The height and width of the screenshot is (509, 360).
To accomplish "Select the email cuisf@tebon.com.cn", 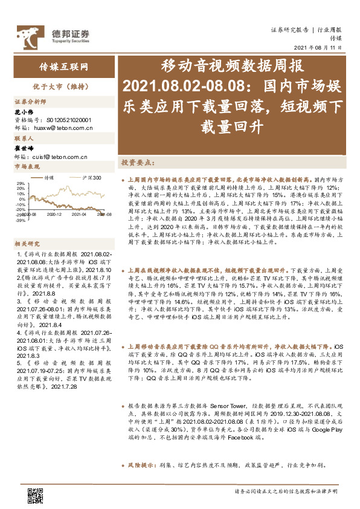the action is click(59, 157).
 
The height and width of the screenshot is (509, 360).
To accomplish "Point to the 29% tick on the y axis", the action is click(20, 183).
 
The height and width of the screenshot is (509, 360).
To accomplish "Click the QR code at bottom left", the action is click(35, 494).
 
